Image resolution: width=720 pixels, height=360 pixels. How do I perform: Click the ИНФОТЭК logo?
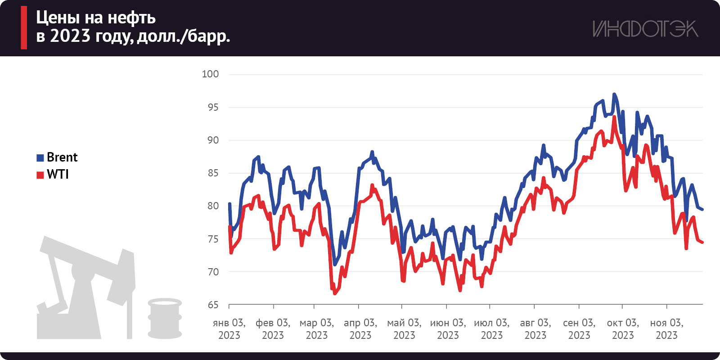coord(645,29)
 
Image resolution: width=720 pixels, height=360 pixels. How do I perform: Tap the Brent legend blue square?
coord(40,157)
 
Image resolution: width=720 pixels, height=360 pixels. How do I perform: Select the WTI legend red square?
coord(40,175)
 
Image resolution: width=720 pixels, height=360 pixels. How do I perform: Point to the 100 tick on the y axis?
coord(210,74)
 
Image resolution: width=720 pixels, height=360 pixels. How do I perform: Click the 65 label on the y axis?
coord(213,305)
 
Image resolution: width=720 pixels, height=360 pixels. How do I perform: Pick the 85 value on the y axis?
coord(213,173)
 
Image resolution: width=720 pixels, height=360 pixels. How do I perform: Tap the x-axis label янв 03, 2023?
coord(229,329)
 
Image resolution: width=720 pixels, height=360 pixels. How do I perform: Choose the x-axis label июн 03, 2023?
coord(448,329)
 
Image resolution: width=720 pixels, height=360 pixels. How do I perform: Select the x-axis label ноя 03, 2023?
coord(666,329)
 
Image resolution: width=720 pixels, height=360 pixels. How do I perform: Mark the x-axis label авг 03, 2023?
coord(535,329)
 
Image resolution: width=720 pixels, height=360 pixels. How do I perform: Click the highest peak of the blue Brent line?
coord(614,94)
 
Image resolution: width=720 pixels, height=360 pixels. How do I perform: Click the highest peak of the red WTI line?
coord(614,117)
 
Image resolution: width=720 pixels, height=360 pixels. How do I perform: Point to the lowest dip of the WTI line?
coord(335,293)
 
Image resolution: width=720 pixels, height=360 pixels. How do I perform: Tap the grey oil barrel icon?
coord(165,318)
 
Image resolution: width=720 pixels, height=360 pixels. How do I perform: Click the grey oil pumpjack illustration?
coord(85,288)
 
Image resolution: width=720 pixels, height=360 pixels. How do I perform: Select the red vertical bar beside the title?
coord(24,27)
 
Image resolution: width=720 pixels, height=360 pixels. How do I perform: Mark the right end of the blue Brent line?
coord(702,209)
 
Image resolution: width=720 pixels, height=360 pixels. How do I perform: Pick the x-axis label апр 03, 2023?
coord(360,329)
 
